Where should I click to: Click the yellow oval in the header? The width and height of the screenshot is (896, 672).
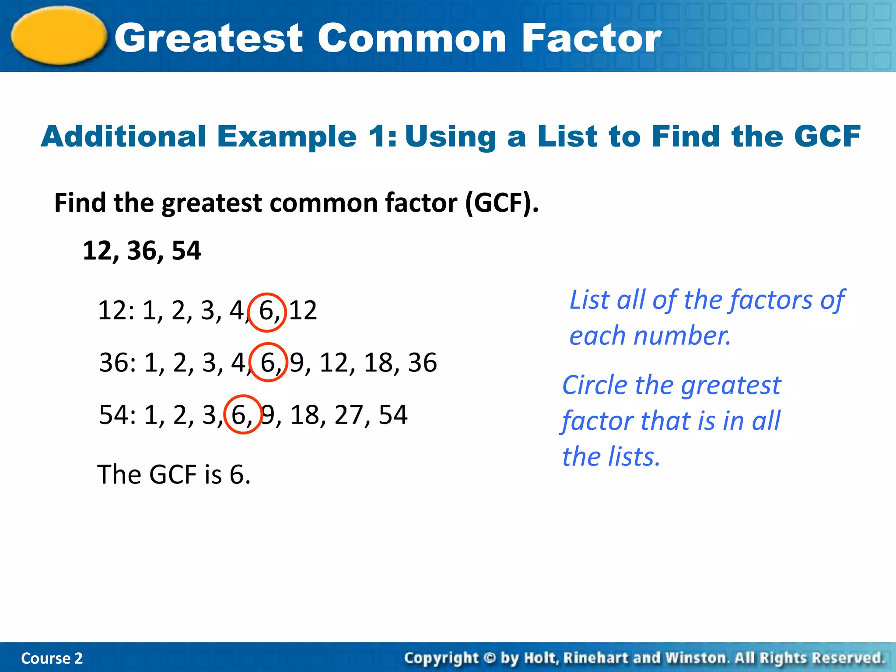pyautogui.click(x=59, y=36)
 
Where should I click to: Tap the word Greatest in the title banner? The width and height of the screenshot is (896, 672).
pyautogui.click(x=209, y=38)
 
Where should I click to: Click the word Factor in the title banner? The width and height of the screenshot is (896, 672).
pyautogui.click(x=591, y=38)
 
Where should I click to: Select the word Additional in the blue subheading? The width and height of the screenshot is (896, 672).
pyautogui.click(x=124, y=136)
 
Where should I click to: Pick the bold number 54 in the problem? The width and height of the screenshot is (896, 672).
pyautogui.click(x=186, y=251)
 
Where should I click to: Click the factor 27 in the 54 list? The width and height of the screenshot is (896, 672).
pyautogui.click(x=349, y=415)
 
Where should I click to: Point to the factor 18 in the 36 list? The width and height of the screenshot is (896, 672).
pyautogui.click(x=378, y=363)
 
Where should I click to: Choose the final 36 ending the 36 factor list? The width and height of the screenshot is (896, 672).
pyautogui.click(x=423, y=363)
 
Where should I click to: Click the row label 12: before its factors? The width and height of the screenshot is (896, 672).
pyautogui.click(x=116, y=311)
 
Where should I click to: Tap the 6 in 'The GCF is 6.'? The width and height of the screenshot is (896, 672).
pyautogui.click(x=237, y=475)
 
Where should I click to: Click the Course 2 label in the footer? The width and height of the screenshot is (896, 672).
pyautogui.click(x=52, y=658)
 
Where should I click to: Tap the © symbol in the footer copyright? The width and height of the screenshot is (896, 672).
pyautogui.click(x=490, y=658)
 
